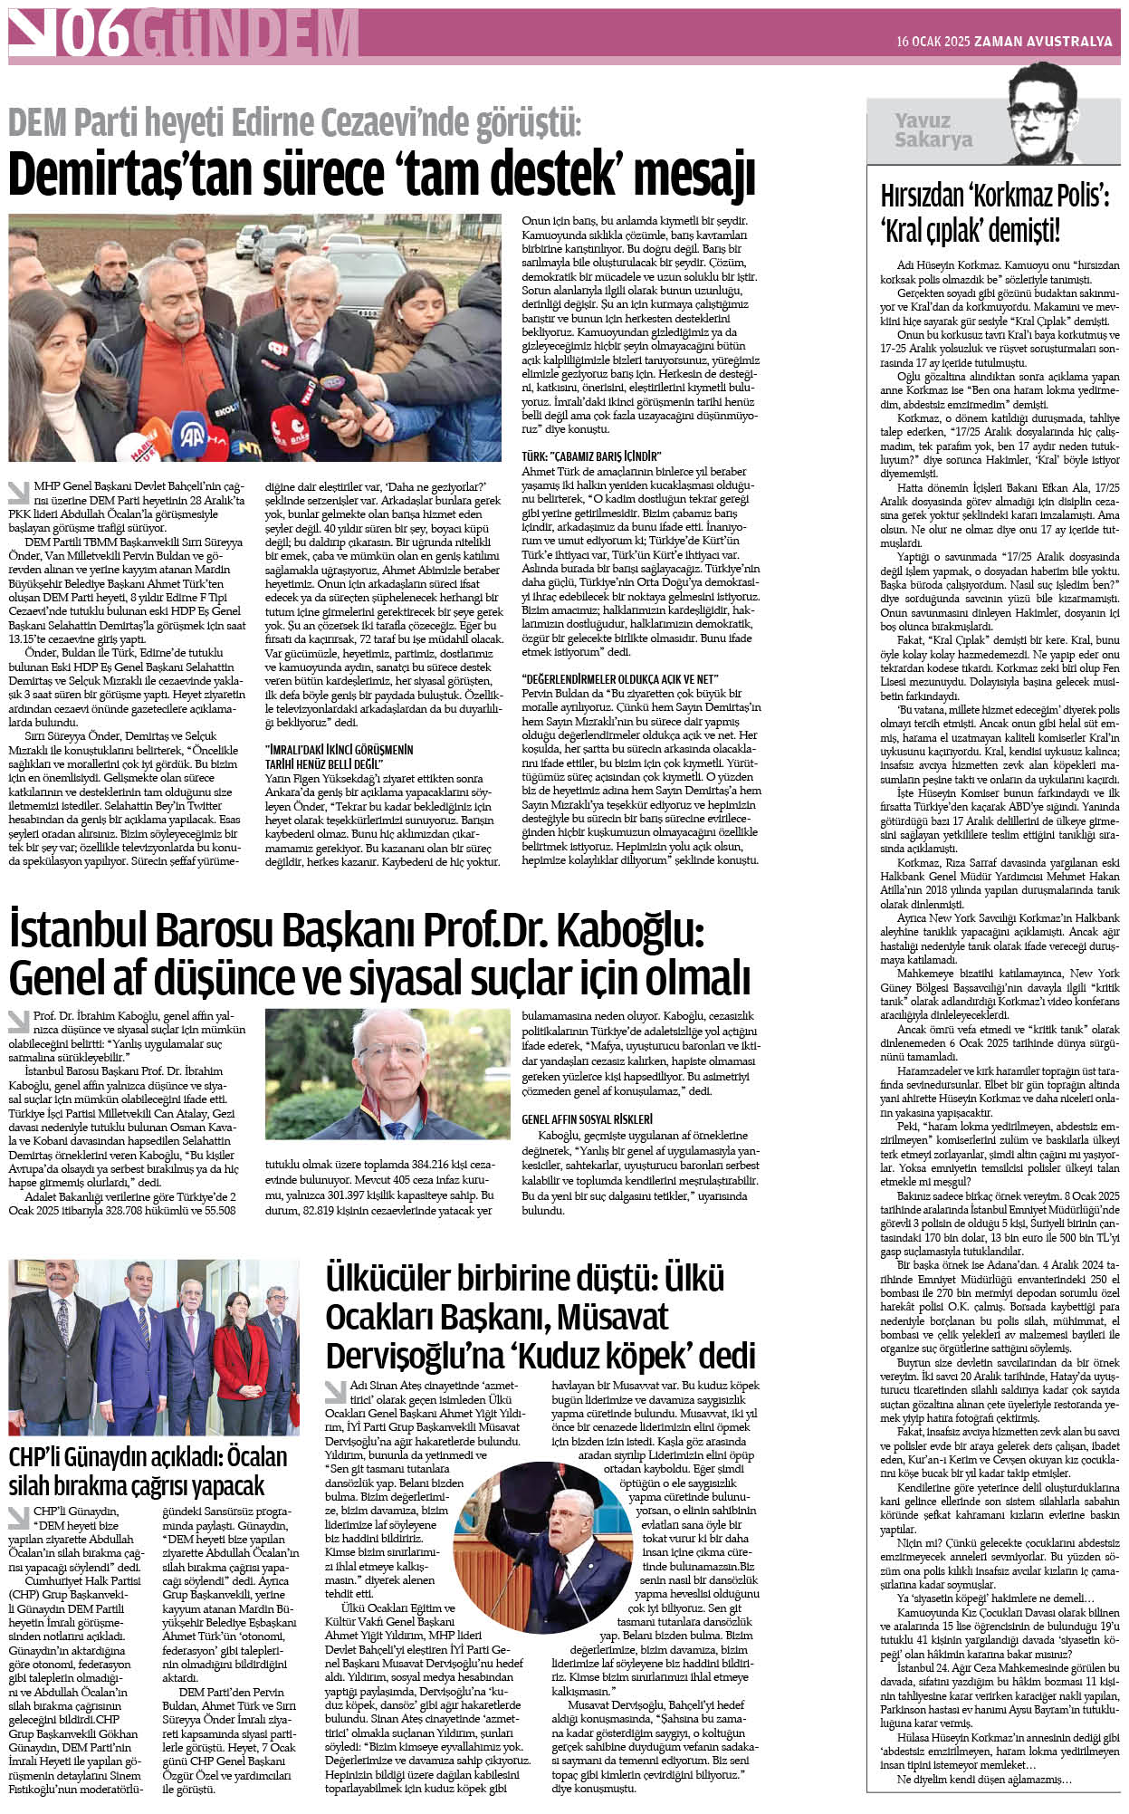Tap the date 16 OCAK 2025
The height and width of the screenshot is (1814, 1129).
coord(933,42)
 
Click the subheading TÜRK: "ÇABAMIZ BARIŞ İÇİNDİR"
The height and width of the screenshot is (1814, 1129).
coord(591,456)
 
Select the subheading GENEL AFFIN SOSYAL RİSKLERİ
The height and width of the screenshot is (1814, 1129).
coord(587,1119)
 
